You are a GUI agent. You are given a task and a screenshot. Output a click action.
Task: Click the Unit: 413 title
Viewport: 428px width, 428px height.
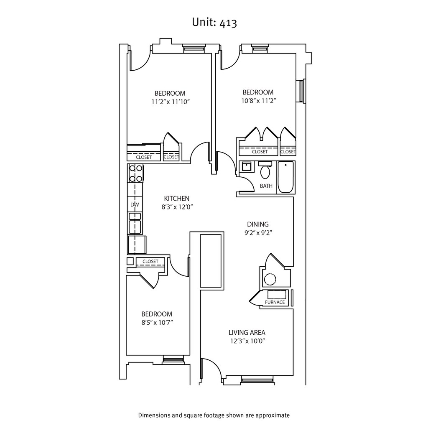[x=214, y=23]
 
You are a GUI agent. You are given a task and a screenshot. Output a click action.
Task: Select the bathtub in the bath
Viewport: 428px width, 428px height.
[x=286, y=177]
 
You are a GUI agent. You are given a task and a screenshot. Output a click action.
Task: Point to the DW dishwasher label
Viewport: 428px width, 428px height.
[x=135, y=205]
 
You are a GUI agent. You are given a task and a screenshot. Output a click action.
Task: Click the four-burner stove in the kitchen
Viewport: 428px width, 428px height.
[x=135, y=173]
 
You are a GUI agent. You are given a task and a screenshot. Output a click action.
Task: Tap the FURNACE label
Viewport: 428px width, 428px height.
[x=275, y=302]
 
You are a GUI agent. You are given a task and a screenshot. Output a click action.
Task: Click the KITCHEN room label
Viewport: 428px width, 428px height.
[x=177, y=199]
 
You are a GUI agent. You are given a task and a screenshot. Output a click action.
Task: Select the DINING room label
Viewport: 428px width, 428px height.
[x=257, y=224]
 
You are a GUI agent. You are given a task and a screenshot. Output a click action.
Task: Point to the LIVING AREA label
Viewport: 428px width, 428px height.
[x=247, y=333]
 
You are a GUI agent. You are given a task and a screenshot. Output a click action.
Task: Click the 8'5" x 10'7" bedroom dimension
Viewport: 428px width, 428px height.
[x=157, y=322]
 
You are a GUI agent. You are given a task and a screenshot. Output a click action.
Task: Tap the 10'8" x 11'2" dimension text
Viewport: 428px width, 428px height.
[x=258, y=100]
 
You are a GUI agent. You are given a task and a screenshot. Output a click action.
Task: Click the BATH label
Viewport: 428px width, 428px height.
[x=266, y=186]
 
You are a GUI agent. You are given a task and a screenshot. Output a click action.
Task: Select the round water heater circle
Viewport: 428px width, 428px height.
[x=270, y=279]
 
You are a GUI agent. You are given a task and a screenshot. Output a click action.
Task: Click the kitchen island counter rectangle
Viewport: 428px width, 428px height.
[x=211, y=261]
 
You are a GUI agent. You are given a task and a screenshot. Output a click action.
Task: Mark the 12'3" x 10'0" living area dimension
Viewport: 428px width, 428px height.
[x=247, y=341]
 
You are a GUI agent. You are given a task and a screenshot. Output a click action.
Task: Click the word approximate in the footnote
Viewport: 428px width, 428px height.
[x=269, y=415]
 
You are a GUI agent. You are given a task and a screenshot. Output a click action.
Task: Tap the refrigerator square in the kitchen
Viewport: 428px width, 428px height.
[x=137, y=245]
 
